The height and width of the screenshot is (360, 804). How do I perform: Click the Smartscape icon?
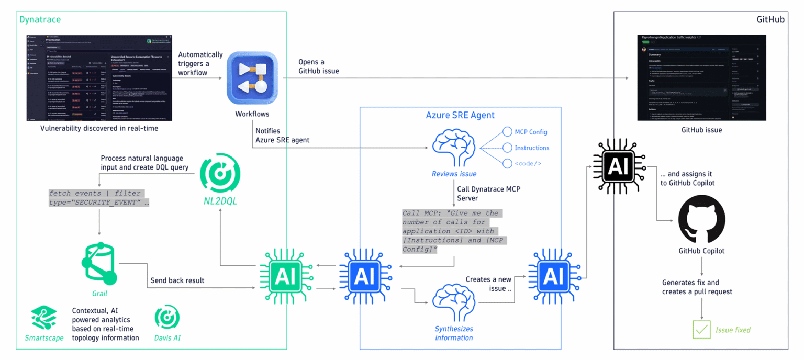(44, 317)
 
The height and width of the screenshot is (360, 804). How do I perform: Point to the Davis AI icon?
(167, 318)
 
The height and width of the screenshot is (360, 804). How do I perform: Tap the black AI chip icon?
(618, 167)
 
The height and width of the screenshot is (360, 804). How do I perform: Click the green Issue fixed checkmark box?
(701, 330)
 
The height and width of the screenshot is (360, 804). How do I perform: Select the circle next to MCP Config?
(507, 132)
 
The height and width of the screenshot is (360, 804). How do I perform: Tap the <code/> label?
(528, 163)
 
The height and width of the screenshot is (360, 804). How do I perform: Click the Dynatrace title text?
(40, 20)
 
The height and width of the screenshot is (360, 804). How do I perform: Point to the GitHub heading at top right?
(770, 20)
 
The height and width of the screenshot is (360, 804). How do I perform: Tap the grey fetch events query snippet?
(98, 198)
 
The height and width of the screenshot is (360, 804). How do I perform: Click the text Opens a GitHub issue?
(319, 66)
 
